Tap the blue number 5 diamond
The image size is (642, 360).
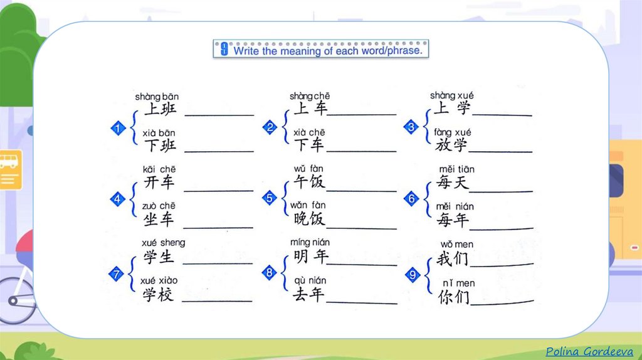pos(269,199)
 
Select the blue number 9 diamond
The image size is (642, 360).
pos(411,274)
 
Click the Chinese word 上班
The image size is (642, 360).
pos(160,110)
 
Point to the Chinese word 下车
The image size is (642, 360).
pos(310,146)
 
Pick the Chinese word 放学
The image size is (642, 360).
pos(452,146)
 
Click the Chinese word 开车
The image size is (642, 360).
pos(159,183)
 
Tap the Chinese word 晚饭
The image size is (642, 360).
pos(310,219)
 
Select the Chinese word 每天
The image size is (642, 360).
pos(453,183)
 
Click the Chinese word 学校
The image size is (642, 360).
pos(158,294)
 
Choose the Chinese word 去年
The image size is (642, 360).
pos(309,294)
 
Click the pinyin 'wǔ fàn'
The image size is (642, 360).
pos(308,169)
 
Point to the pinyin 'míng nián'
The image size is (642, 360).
pos(310,242)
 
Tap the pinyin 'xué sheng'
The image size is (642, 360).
pos(163,243)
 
